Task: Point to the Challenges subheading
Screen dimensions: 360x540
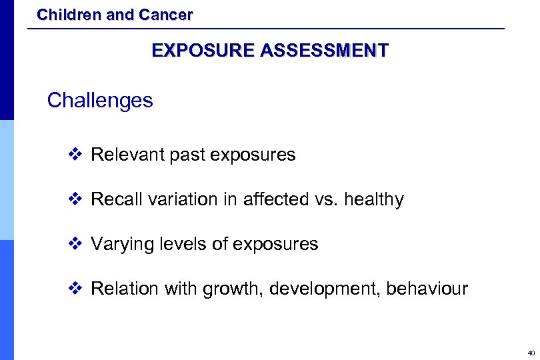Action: pos(100,101)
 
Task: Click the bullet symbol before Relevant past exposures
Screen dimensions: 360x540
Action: pos(75,155)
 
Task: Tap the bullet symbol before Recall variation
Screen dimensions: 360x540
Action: pos(75,200)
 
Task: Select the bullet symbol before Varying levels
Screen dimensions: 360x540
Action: pos(75,245)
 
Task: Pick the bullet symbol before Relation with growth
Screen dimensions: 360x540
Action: pos(75,289)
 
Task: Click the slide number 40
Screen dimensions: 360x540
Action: pos(530,353)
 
